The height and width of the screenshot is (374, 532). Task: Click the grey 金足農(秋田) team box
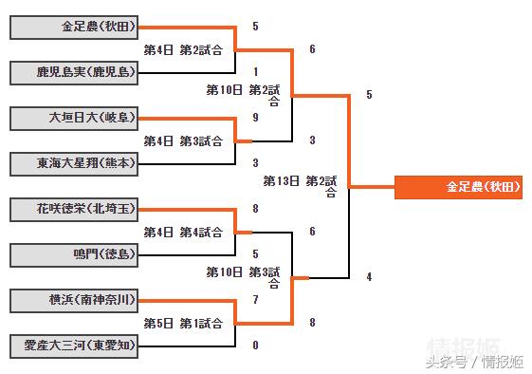coord(73,27)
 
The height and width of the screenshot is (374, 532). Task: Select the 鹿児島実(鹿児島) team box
coord(73,72)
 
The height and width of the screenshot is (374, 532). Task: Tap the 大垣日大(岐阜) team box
coord(73,118)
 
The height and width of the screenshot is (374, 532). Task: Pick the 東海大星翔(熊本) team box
coord(73,163)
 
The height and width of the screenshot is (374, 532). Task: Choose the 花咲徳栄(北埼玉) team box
coord(73,209)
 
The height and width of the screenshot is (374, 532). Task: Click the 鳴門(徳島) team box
coord(73,254)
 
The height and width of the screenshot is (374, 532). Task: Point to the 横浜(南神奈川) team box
coord(73,300)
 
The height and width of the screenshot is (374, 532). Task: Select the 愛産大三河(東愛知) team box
coord(73,346)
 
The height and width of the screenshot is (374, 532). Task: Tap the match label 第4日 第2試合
coord(183,49)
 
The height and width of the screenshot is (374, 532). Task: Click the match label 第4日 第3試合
coord(183,140)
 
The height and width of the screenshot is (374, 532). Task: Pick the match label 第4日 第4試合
coord(183,232)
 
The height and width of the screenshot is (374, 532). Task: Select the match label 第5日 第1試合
coord(183,323)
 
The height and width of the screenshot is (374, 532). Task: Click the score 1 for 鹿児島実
coord(256,72)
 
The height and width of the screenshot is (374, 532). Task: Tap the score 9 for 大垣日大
coord(256,118)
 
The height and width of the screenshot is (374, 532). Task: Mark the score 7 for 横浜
coord(256,300)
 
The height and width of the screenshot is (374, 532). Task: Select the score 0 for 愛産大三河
coord(256,346)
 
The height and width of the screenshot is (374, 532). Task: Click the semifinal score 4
coord(369,277)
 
